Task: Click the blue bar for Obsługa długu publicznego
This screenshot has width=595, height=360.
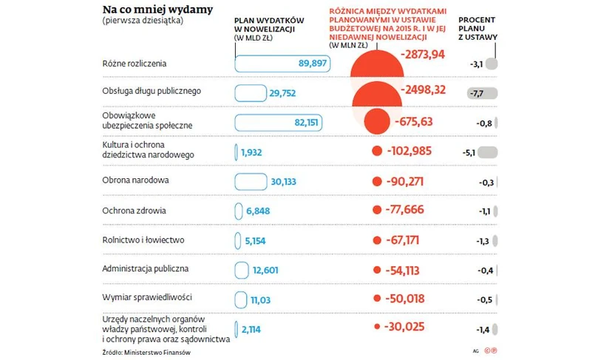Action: click(250, 93)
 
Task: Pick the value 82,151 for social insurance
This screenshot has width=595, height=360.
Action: click(310, 123)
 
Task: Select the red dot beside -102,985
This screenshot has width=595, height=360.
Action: click(378, 152)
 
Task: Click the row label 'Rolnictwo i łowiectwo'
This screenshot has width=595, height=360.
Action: click(143, 240)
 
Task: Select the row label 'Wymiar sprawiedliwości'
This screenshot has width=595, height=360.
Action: click(147, 299)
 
